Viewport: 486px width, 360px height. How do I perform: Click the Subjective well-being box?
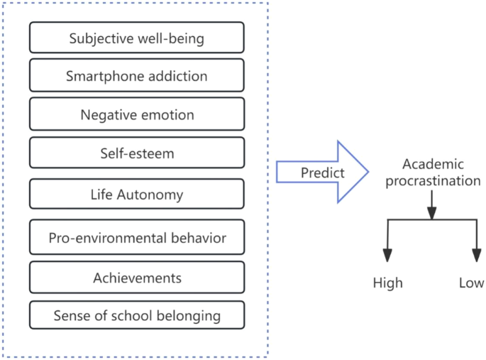[x=137, y=38]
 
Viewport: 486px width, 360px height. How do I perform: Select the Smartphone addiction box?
[x=137, y=75]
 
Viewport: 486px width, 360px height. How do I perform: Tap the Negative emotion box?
[x=137, y=114]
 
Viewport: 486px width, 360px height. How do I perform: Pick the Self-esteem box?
[x=137, y=153]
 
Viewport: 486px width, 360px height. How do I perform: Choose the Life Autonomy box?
[x=137, y=194]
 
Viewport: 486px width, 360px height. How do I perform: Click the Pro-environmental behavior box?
[x=137, y=237]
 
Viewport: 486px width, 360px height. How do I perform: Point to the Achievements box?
[x=137, y=276]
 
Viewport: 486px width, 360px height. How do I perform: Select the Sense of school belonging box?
[x=137, y=315]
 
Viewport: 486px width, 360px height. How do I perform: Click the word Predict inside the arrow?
[x=322, y=173]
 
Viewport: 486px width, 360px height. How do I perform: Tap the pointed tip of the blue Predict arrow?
[x=367, y=173]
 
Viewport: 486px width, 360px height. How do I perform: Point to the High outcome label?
[x=387, y=283]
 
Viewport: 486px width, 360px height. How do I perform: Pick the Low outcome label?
[x=471, y=283]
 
